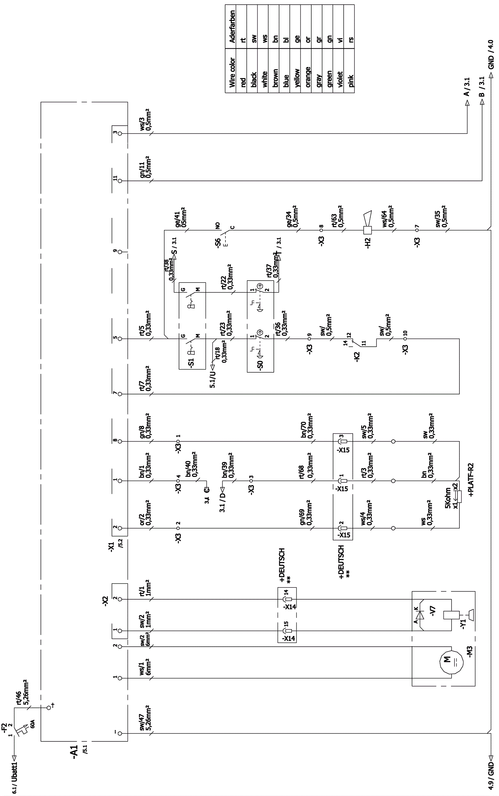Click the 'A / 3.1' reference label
point(467,87)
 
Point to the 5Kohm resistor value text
point(448,499)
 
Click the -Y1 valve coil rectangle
point(451,615)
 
